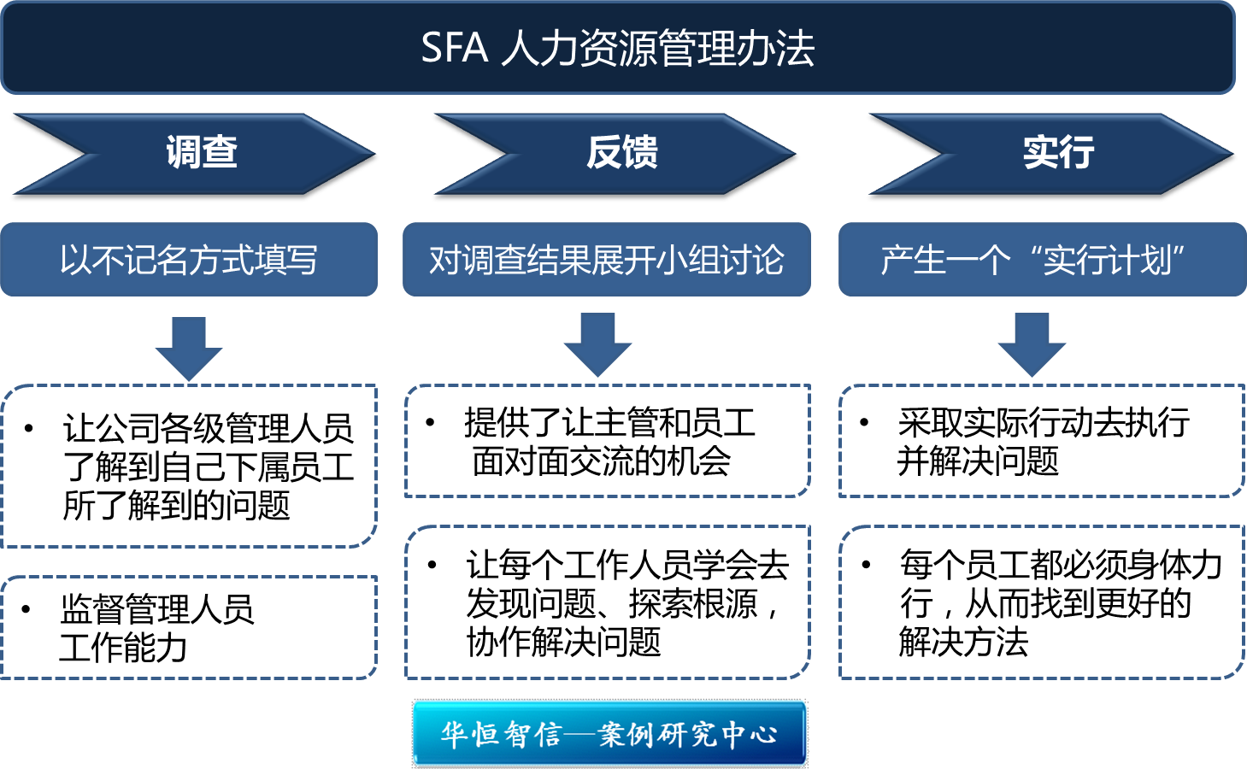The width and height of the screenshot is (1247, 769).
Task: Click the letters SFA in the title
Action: (454, 48)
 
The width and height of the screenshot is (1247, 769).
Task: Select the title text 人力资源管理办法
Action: (658, 48)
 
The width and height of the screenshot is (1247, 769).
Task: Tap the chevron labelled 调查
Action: (202, 153)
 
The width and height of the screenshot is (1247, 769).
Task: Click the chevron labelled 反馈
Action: (622, 153)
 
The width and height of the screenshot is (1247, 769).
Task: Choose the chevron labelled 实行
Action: (1058, 153)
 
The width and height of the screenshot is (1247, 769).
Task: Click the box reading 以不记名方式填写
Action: (189, 260)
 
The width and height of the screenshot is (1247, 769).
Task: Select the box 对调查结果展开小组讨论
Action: (607, 260)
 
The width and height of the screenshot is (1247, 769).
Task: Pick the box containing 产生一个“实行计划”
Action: (1042, 260)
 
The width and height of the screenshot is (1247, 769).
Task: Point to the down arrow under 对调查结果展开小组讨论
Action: (597, 344)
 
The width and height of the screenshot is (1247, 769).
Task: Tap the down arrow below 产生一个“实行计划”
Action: (1032, 344)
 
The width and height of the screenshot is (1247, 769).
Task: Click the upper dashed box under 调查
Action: (189, 466)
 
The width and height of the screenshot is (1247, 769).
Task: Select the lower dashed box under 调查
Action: (189, 627)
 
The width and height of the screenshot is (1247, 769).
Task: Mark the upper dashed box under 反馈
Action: (607, 441)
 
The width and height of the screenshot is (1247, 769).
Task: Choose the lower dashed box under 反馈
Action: (607, 602)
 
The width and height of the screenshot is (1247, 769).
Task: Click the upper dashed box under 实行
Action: (1042, 441)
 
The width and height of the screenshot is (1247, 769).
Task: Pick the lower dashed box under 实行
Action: (1042, 602)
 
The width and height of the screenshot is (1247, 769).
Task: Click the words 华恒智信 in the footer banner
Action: (501, 734)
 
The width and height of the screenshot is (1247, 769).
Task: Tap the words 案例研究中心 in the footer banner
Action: (688, 734)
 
